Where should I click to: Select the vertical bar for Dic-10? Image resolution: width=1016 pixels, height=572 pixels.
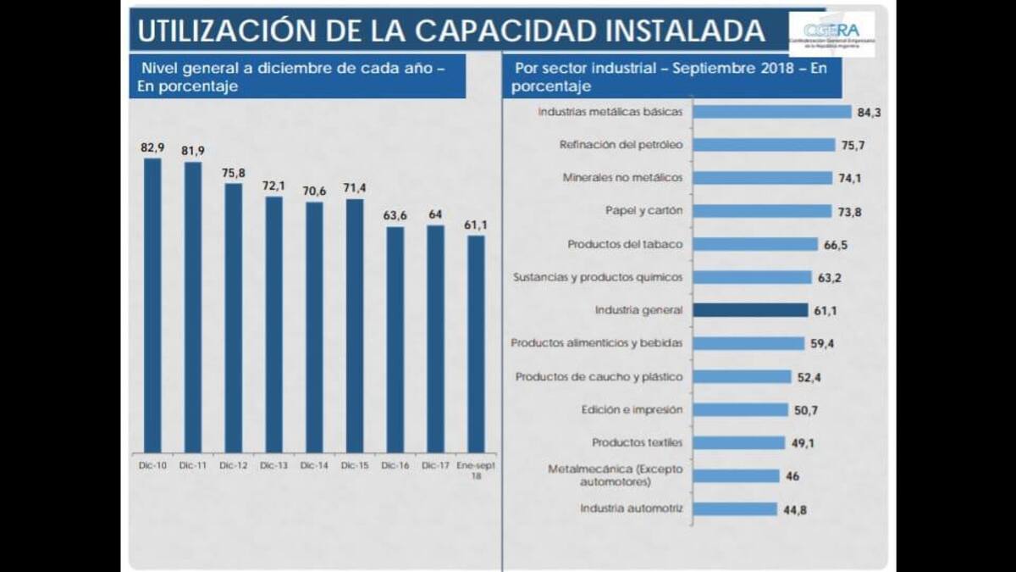(x=152, y=305)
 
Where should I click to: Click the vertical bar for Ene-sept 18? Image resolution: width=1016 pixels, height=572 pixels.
(x=477, y=343)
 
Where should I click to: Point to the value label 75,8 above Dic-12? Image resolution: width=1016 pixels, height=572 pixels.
(x=233, y=173)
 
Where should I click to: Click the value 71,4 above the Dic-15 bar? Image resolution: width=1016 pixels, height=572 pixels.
(x=355, y=188)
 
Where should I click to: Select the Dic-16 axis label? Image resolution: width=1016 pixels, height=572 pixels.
(x=395, y=465)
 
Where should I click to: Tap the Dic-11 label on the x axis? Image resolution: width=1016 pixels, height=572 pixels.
(x=193, y=465)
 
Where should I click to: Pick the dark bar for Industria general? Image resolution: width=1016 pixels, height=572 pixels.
(x=750, y=310)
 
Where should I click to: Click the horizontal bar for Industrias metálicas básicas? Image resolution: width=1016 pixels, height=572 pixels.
(x=771, y=112)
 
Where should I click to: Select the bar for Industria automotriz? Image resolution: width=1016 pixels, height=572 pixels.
(x=734, y=509)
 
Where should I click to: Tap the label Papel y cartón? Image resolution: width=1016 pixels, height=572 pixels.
(x=643, y=211)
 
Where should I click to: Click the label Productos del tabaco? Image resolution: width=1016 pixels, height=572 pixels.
(x=625, y=244)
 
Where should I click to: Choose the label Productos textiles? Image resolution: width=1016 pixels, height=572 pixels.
(x=638, y=442)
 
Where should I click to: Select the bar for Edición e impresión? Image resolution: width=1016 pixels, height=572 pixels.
(x=740, y=409)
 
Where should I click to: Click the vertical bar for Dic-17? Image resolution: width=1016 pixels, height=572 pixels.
(x=435, y=338)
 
